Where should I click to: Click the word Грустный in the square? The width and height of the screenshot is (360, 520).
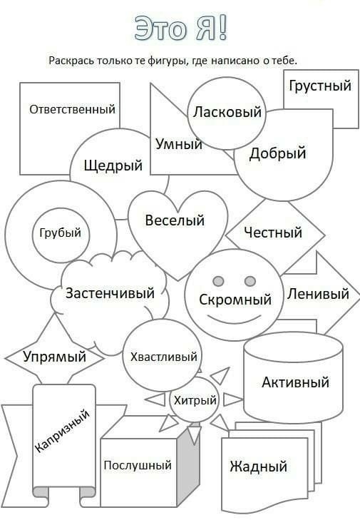pyautogui.click(x=320, y=86)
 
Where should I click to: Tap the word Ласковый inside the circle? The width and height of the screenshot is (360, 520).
pyautogui.click(x=227, y=112)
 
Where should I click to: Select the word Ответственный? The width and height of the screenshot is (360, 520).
pyautogui.click(x=72, y=109)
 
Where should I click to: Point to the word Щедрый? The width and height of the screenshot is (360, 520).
pyautogui.click(x=113, y=165)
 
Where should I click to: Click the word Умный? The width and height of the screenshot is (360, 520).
pyautogui.click(x=179, y=144)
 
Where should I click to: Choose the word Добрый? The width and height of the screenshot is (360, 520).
pyautogui.click(x=277, y=153)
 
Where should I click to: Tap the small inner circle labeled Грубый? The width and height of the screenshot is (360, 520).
pyautogui.click(x=61, y=235)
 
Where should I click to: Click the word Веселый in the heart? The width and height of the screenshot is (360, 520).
pyautogui.click(x=175, y=220)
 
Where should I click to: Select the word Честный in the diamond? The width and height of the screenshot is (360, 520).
pyautogui.click(x=273, y=232)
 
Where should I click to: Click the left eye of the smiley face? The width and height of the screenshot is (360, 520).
pyautogui.click(x=218, y=281)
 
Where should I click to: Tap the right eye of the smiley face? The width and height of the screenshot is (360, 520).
pyautogui.click(x=250, y=281)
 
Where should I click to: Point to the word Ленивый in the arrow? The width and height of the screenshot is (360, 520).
pyautogui.click(x=318, y=294)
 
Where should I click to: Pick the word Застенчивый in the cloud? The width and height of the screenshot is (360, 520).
pyautogui.click(x=110, y=293)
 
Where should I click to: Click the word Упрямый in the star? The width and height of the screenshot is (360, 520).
pyautogui.click(x=55, y=357)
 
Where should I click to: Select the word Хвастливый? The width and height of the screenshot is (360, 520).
pyautogui.click(x=164, y=357)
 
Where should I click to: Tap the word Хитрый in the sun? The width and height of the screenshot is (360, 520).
pyautogui.click(x=195, y=401)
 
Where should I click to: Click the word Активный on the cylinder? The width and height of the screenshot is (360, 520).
pyautogui.click(x=295, y=382)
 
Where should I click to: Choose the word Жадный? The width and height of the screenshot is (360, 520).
pyautogui.click(x=258, y=467)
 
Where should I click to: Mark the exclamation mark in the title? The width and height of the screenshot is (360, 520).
pyautogui.click(x=222, y=28)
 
